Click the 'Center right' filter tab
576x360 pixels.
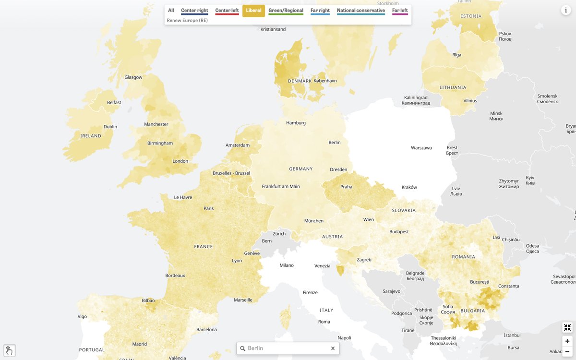pos(194,11)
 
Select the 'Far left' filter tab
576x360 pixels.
pos(400,11)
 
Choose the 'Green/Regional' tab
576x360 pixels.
pos(286,11)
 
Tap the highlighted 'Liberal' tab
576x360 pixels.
pos(253,11)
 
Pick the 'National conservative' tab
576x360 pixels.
pos(360,11)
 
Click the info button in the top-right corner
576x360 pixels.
pos(565,10)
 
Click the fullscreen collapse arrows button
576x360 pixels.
pos(567,328)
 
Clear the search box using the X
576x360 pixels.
pos(333,348)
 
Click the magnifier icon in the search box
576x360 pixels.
pos(243,348)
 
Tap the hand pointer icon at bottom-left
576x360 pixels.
pos(10,350)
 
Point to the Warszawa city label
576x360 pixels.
pos(421,148)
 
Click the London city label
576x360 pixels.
pos(180,161)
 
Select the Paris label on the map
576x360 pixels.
pos(208,208)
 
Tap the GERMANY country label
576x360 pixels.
pos(300,169)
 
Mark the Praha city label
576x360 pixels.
pos(346,187)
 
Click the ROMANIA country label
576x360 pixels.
pos(463,257)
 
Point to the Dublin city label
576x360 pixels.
pos(110,127)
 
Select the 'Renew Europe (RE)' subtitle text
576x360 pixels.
pos(187,21)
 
